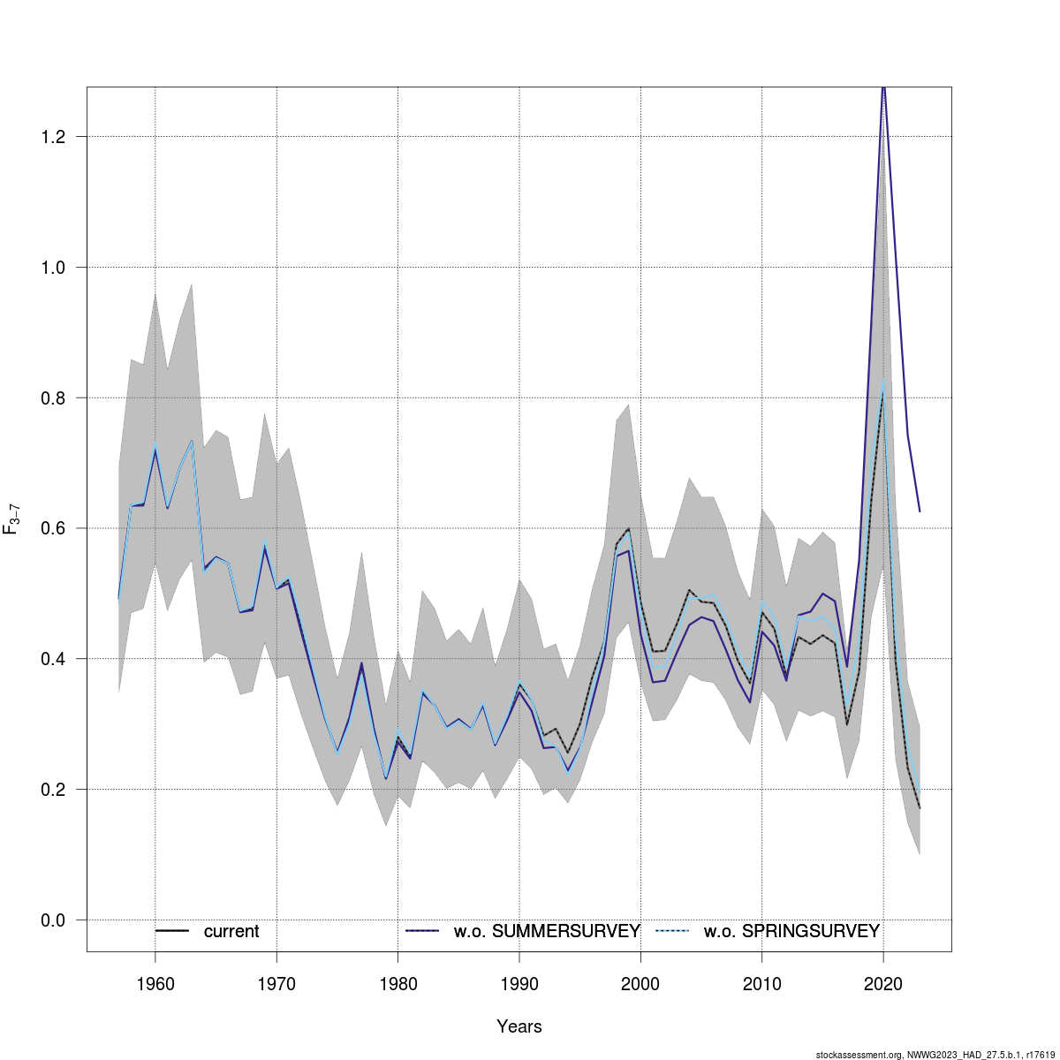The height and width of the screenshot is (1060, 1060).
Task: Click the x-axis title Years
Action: click(x=519, y=1026)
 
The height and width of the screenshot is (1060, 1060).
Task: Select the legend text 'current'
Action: click(x=231, y=931)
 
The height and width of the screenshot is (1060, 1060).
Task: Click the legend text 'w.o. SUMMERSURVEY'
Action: click(x=547, y=931)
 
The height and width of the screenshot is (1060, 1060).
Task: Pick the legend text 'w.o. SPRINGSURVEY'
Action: click(x=791, y=931)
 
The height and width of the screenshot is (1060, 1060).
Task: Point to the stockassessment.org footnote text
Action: click(x=935, y=1055)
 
